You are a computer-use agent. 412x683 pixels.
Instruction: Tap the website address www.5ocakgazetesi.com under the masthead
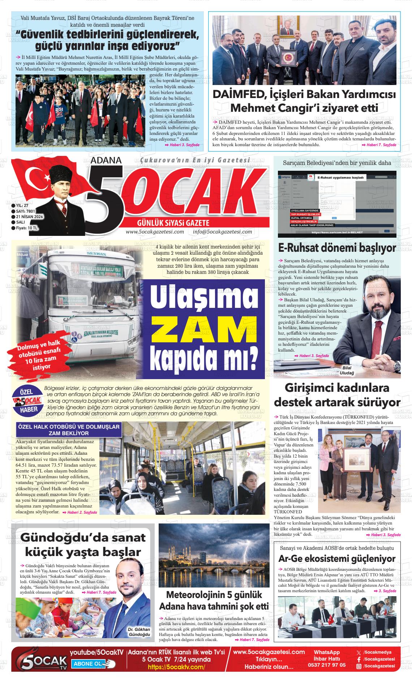155,232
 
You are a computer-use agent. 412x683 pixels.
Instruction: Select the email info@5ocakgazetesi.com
222,232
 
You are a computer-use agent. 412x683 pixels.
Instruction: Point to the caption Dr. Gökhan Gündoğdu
139,642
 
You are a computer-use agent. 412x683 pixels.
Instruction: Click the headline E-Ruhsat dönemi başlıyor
337,249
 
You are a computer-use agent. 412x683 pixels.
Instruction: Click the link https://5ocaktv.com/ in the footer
176,667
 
